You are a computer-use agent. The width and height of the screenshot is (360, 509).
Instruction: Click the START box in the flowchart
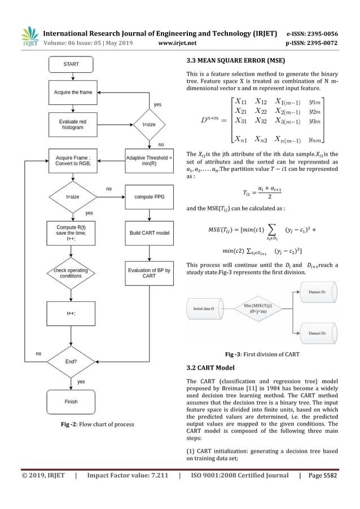[71, 64]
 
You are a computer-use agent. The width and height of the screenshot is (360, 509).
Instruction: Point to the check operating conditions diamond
[71, 273]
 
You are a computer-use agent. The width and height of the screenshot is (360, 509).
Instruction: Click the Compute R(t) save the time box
[71, 232]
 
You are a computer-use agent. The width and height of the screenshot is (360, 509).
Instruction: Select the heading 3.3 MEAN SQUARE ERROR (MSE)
[236, 61]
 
